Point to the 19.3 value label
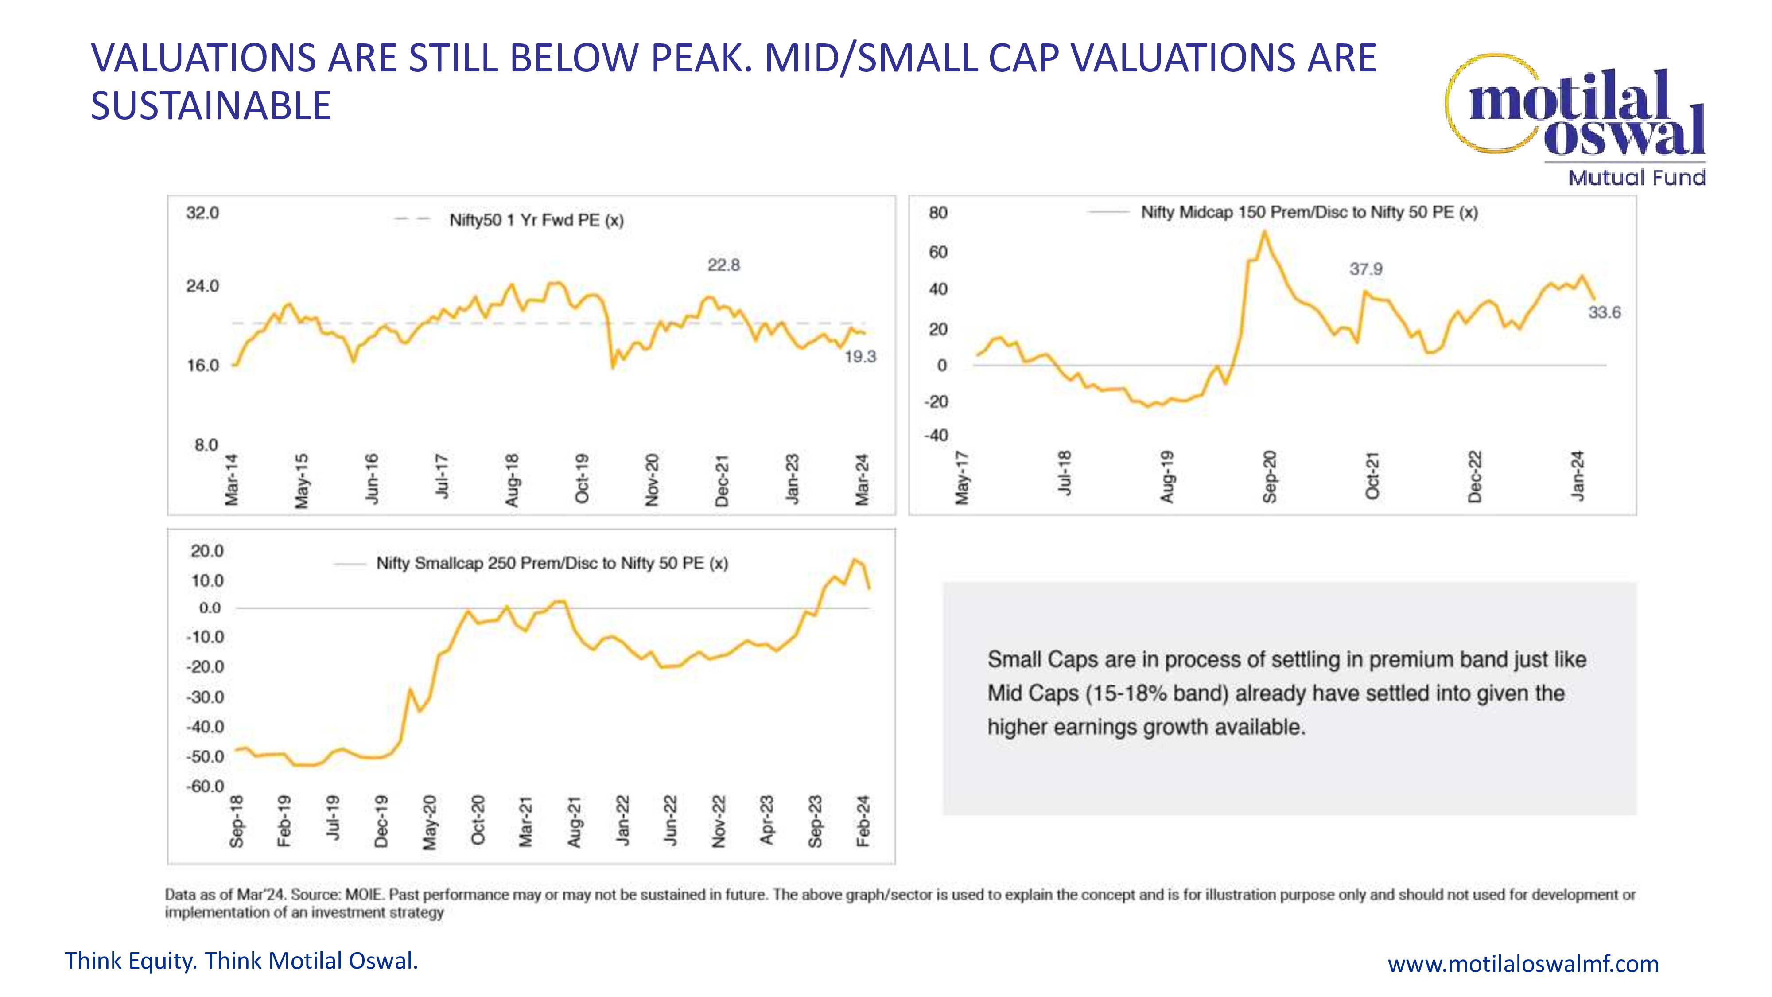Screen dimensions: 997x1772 860,356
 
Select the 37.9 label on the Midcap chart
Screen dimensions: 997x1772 1365,269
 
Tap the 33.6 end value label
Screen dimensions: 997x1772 1604,312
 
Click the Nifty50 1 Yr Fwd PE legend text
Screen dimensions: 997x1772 536,220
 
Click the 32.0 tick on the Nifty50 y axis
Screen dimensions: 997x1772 202,213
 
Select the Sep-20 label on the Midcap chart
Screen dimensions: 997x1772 1269,476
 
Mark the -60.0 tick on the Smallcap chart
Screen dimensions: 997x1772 205,786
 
